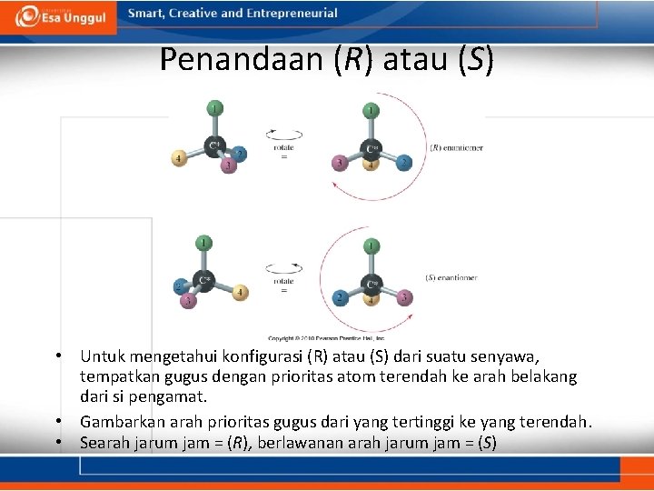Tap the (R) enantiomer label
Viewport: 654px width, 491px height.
tap(455, 147)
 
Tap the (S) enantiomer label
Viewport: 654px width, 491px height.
tap(451, 277)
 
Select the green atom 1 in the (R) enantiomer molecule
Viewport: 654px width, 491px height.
tap(371, 111)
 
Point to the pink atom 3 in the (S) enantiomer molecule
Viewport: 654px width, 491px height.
tap(403, 297)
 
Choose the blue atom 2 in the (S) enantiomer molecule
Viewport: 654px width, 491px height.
tap(340, 297)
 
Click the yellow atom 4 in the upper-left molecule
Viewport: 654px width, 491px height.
tap(180, 159)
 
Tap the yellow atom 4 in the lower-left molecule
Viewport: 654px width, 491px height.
tap(241, 292)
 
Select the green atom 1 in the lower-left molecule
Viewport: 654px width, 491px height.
tap(205, 243)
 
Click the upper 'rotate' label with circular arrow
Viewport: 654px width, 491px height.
tap(283, 145)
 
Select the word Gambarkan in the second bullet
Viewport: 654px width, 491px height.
tap(117, 422)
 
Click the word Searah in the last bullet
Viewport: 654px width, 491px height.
tap(103, 443)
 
